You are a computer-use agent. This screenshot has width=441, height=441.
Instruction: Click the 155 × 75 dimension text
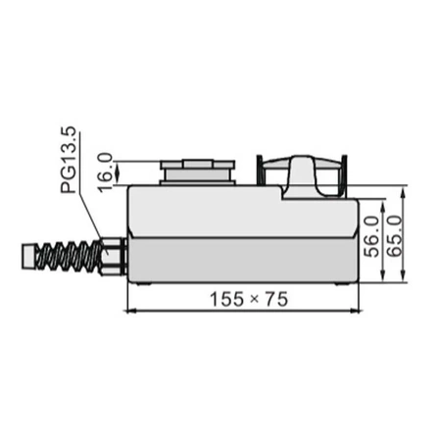(x=249, y=301)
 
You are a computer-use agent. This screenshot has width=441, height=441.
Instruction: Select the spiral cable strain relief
(x=73, y=258)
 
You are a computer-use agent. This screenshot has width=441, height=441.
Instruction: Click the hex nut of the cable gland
(x=116, y=254)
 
